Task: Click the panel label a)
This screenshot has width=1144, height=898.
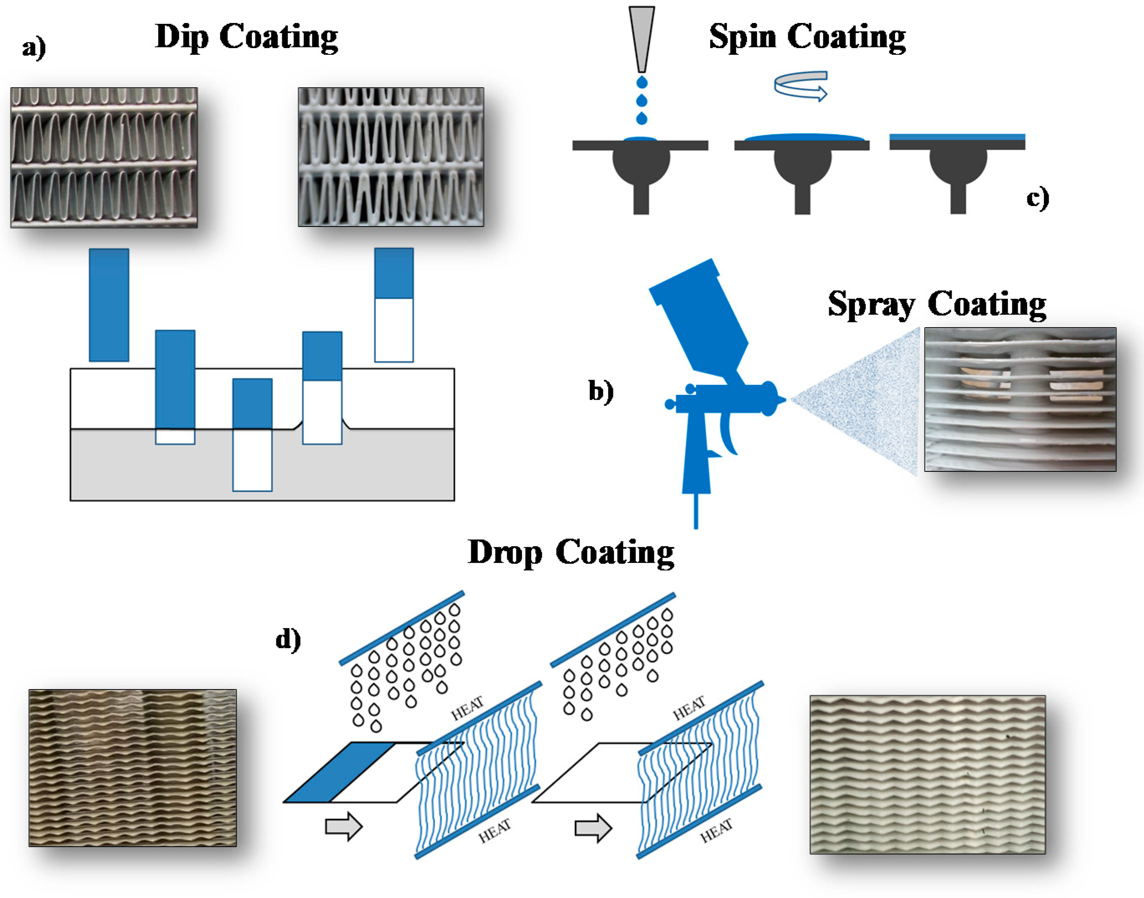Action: coord(34,48)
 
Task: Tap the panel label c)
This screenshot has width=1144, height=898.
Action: coord(1037,198)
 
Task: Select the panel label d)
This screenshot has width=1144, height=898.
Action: coord(288,639)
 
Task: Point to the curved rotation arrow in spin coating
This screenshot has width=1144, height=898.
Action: coord(801,85)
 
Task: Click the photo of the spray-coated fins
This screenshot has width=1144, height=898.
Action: coord(1020,399)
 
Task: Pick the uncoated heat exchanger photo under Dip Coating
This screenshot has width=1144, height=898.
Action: coord(104,158)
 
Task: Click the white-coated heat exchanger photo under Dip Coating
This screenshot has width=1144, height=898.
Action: coord(391,157)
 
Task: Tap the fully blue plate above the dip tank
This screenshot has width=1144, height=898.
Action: coord(109,305)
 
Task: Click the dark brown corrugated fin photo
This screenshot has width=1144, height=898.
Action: coord(133,768)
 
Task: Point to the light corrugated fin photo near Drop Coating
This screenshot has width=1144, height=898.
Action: coord(927,774)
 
